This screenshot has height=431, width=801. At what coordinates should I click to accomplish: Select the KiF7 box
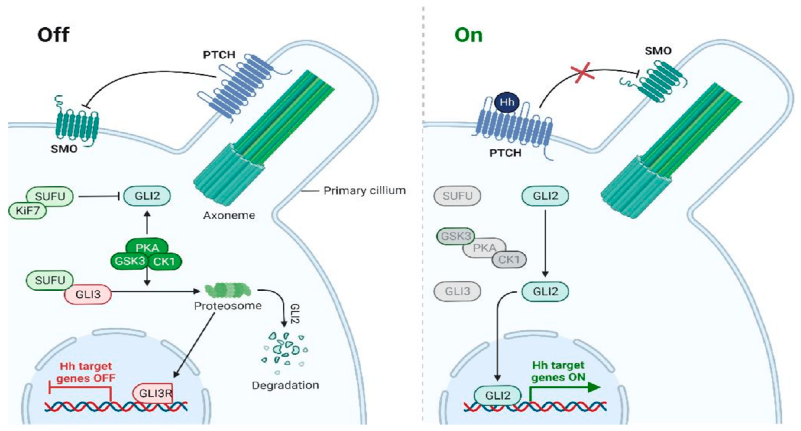tap(28, 211)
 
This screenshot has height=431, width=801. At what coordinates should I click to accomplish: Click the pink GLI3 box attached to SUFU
tap(88, 294)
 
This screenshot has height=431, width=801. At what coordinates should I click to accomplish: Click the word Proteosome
tap(228, 306)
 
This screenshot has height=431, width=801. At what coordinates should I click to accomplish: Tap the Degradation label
tap(285, 385)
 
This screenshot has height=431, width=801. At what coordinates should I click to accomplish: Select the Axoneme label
tap(229, 215)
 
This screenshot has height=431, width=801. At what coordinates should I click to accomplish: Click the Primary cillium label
tap(364, 190)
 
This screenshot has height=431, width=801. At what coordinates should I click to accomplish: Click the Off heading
tap(53, 35)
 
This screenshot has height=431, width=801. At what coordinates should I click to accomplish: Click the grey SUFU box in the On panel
tap(457, 196)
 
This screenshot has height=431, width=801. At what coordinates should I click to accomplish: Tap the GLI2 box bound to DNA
tap(498, 395)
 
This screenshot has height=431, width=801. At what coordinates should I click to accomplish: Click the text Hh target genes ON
tap(558, 371)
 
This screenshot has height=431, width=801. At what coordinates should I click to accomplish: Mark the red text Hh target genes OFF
tap(86, 372)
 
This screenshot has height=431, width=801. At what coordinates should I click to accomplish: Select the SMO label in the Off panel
tap(64, 149)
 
